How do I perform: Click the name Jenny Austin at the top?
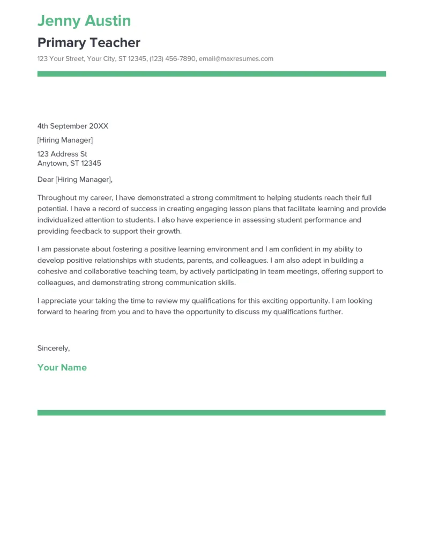click(x=84, y=21)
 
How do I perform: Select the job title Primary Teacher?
click(x=89, y=43)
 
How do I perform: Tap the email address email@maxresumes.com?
click(x=236, y=59)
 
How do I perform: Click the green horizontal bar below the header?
click(x=211, y=74)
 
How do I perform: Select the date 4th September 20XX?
click(x=73, y=126)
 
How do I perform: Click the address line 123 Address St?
click(x=62, y=154)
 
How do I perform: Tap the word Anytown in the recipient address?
click(x=52, y=164)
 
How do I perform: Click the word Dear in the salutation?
click(x=46, y=180)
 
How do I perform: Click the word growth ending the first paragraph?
click(x=169, y=232)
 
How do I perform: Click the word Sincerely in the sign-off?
click(x=53, y=348)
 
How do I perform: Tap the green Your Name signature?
click(x=62, y=368)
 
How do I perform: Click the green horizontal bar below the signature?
click(x=211, y=413)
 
